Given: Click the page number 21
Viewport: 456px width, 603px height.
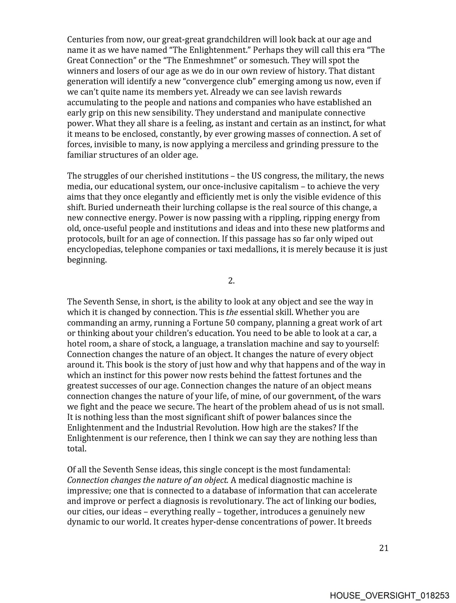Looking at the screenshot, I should coord(384,548).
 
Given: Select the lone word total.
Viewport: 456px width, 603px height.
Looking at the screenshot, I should coord(76,449).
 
